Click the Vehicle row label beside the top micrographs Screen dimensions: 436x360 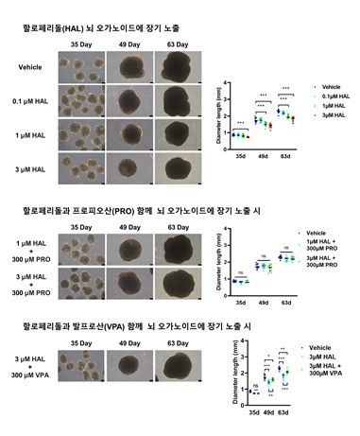tap(31, 66)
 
